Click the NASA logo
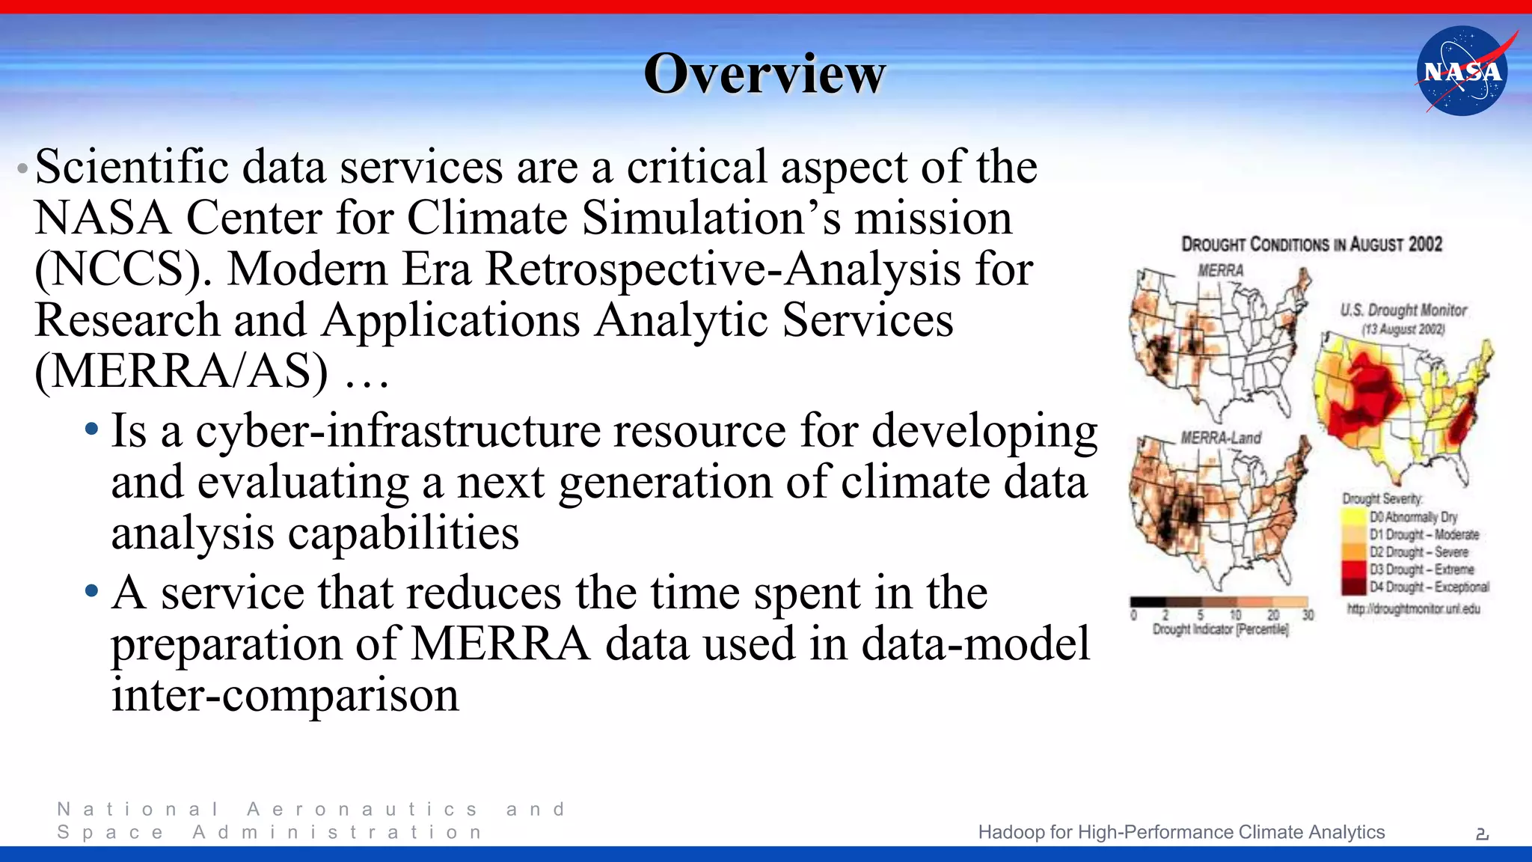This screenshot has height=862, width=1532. (1462, 71)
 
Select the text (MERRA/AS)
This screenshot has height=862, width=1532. (181, 372)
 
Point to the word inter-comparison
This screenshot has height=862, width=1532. (285, 695)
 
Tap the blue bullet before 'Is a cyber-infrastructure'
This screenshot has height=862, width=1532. (91, 430)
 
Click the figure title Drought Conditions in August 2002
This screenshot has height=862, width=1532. (1311, 245)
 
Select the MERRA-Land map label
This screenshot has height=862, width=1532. (1221, 438)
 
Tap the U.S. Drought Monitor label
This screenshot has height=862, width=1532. (1403, 310)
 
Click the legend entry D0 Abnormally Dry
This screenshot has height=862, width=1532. (1412, 517)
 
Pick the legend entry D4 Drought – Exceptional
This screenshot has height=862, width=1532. (1428, 587)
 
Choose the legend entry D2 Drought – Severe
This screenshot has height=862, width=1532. (1418, 552)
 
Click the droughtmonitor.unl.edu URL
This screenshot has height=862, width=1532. (1413, 609)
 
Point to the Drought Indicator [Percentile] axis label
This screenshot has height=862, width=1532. (1220, 629)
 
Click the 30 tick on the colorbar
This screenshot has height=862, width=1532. (1308, 615)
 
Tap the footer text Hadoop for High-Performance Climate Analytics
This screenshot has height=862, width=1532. (1181, 832)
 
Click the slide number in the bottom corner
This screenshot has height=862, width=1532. (1482, 834)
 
